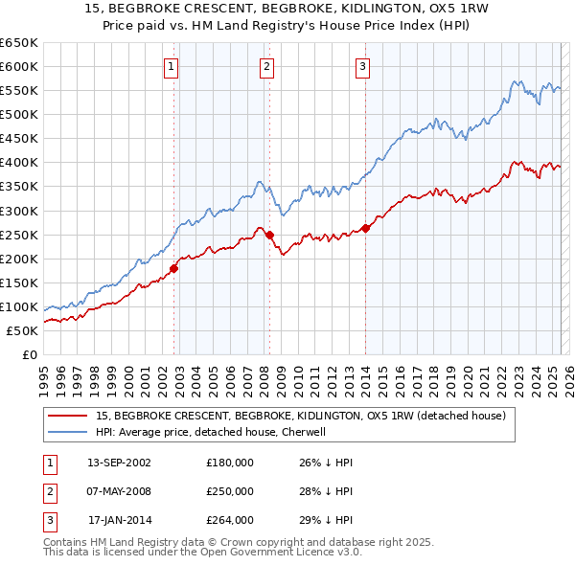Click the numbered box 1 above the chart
point(171,67)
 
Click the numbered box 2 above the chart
point(265,67)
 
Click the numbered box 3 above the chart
point(363,67)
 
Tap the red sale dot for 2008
point(269,235)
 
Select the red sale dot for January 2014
point(366,228)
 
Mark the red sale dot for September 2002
point(174,268)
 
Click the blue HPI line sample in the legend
point(69,432)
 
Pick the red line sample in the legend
point(69,416)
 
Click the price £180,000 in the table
point(230,463)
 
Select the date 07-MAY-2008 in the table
point(119,491)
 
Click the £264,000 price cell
point(230,520)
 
